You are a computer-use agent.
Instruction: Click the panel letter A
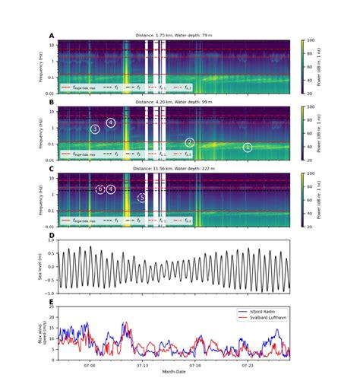52,36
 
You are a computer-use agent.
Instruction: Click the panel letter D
52,236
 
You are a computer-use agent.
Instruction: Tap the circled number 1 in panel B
248,147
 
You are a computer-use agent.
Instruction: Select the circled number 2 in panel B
190,142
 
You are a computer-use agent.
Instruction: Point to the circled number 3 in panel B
94,129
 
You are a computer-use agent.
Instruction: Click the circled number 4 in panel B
111,122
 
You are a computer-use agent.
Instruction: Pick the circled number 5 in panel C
141,198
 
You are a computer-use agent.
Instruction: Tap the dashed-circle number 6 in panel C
99,189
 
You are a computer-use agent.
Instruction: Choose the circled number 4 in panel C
111,189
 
